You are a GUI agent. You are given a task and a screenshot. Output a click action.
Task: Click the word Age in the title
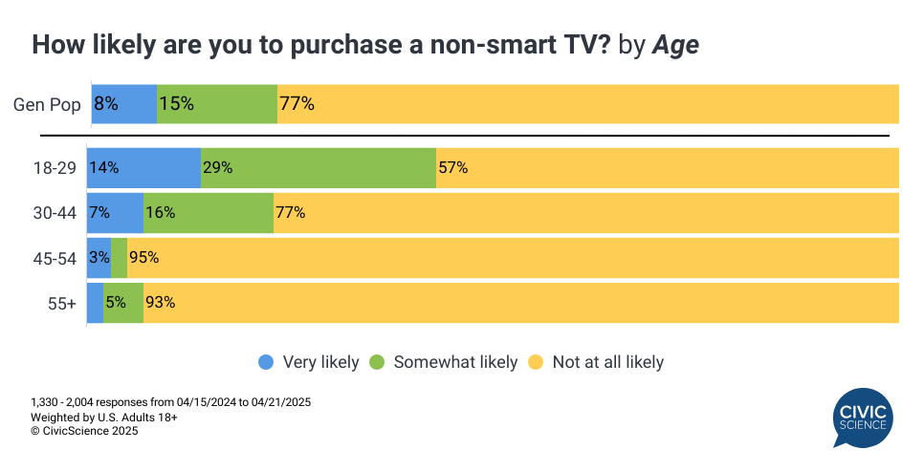[x=675, y=45]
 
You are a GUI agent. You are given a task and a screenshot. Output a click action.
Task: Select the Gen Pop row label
[x=47, y=104]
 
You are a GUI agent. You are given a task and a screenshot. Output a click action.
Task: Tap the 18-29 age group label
[x=54, y=168]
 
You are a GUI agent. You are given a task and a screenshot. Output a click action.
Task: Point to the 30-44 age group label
[x=54, y=213]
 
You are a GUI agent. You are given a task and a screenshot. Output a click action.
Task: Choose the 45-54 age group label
[x=54, y=258]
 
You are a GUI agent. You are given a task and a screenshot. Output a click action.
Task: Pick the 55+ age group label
[x=60, y=303]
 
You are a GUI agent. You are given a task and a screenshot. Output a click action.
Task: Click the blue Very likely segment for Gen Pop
[x=124, y=104]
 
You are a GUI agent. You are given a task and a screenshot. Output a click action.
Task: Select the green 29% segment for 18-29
[x=319, y=168]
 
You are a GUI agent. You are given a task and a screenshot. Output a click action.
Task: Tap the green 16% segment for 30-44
[x=209, y=213]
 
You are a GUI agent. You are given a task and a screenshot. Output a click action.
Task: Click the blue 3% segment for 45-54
[x=99, y=258]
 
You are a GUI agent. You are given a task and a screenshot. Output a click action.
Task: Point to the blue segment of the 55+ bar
[x=95, y=303]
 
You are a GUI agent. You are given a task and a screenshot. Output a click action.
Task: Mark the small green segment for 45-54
[x=120, y=258]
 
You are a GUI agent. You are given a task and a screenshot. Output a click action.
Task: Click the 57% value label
[x=452, y=168]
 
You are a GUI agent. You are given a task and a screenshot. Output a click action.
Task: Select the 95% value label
[x=143, y=258]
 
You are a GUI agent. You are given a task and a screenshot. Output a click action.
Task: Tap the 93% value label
[x=160, y=303]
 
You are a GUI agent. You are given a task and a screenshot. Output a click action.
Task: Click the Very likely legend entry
[x=308, y=362]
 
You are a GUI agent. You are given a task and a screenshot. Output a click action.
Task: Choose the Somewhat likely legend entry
[x=445, y=362]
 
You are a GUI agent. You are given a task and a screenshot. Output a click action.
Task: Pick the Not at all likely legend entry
[x=596, y=362]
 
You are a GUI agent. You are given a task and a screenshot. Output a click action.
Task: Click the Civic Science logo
[x=862, y=417]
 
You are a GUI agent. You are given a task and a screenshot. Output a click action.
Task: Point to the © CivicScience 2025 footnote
[x=84, y=431]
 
